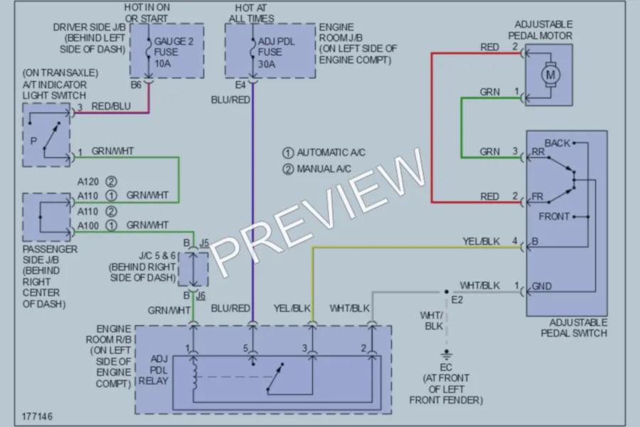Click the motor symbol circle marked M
[550, 75]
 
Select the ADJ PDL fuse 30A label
[276, 53]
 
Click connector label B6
[136, 85]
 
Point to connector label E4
[240, 85]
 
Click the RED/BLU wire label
[111, 106]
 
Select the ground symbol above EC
[446, 354]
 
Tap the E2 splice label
[457, 300]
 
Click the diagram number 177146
[37, 416]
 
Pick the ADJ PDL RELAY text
[154, 370]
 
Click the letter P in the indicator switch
[33, 142]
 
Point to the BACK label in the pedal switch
[557, 143]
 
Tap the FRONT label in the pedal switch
[554, 216]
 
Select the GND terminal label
[542, 286]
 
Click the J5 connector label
[204, 243]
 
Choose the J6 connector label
[201, 295]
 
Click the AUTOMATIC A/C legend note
[324, 152]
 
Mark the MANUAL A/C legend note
[316, 169]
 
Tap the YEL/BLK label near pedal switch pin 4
[481, 241]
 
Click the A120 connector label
[88, 181]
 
